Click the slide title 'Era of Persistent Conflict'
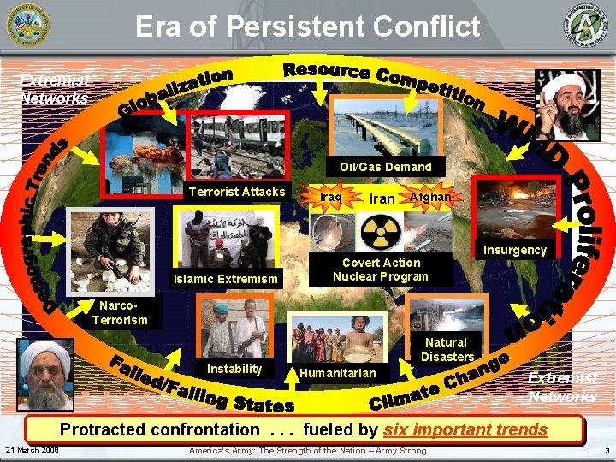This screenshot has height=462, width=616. coord(307,27)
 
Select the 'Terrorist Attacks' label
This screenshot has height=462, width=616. coord(237,192)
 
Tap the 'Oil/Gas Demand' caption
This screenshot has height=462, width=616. coord(385,166)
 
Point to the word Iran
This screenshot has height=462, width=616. coord(382,198)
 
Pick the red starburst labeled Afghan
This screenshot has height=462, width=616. coord(429,197)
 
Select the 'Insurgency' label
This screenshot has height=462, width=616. coord(515,250)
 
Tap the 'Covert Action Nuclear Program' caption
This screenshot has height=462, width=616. coord(381,269)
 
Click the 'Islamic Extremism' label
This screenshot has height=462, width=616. coord(226,278)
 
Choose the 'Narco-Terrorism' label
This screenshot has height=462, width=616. coord(120,313)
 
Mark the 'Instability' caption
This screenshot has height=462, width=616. coord(234,369)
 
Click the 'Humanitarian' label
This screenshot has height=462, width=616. coord(337,373)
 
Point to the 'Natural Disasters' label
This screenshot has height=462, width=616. coord(447,349)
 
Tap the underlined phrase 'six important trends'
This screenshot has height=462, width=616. coord(465,429)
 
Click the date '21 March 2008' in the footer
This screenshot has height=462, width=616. coord(32,451)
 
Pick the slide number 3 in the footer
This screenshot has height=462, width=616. coord(605,451)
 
